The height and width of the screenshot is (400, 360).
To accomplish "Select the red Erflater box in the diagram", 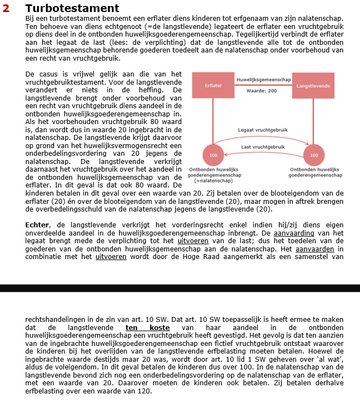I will [x=213, y=86].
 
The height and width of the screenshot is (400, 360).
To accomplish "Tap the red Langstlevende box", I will [x=314, y=86].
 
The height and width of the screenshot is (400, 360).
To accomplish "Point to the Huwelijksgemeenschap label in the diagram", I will [x=263, y=80].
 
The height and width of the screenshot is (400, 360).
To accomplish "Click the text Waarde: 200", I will [x=262, y=91].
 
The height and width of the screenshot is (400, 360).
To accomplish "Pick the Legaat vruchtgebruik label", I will [x=263, y=130].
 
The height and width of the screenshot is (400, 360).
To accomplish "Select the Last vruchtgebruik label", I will [x=263, y=147].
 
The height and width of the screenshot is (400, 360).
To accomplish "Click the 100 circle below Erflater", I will [x=213, y=155].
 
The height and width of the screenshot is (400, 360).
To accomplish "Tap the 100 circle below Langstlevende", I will [x=314, y=155].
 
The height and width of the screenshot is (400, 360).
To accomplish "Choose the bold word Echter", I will [x=37, y=225].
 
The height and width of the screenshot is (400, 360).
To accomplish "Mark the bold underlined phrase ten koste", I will [x=147, y=327].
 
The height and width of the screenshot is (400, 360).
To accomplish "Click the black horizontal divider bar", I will [x=180, y=288].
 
